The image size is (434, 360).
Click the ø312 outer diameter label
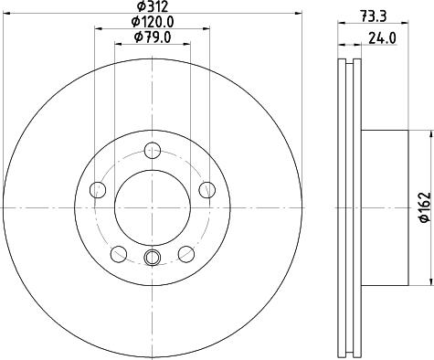coord(152,7)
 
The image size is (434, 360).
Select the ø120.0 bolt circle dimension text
coord(152,22)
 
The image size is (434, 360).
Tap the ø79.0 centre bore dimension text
coord(152,37)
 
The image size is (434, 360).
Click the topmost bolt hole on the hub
coord(152,152)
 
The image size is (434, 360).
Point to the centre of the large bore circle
coord(152,207)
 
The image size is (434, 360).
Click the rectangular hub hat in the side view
coord(383,208)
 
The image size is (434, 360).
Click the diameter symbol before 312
coord(135,7)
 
